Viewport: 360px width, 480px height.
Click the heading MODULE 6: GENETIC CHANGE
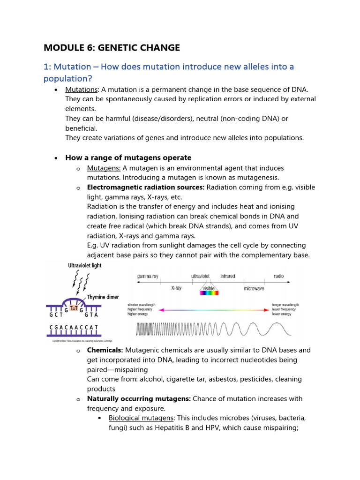click(112, 47)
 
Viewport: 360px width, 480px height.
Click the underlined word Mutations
click(82, 90)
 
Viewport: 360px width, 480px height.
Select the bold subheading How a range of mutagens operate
click(128, 157)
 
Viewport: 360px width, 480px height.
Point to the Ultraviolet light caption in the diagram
click(78, 265)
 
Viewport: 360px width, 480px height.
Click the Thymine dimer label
click(103, 297)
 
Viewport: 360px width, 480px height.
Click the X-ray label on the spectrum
click(176, 288)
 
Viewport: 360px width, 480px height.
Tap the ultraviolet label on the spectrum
click(203, 277)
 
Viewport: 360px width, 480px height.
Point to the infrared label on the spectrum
click(228, 277)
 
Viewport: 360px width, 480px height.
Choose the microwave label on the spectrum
click(254, 289)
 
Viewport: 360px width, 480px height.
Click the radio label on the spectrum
click(279, 277)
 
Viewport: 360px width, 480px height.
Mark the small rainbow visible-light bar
click(209, 293)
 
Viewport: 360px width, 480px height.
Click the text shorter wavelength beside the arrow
click(142, 305)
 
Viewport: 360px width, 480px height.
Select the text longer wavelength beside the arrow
click(285, 305)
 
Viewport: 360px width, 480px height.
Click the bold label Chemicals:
click(105, 350)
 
